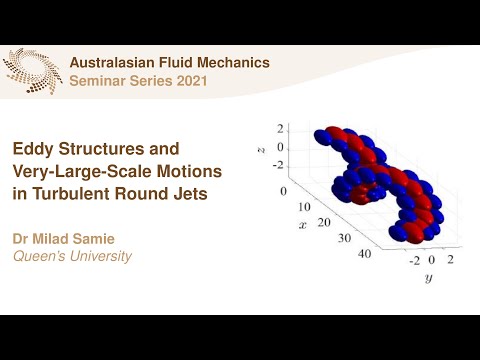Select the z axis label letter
click(x=259, y=147)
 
